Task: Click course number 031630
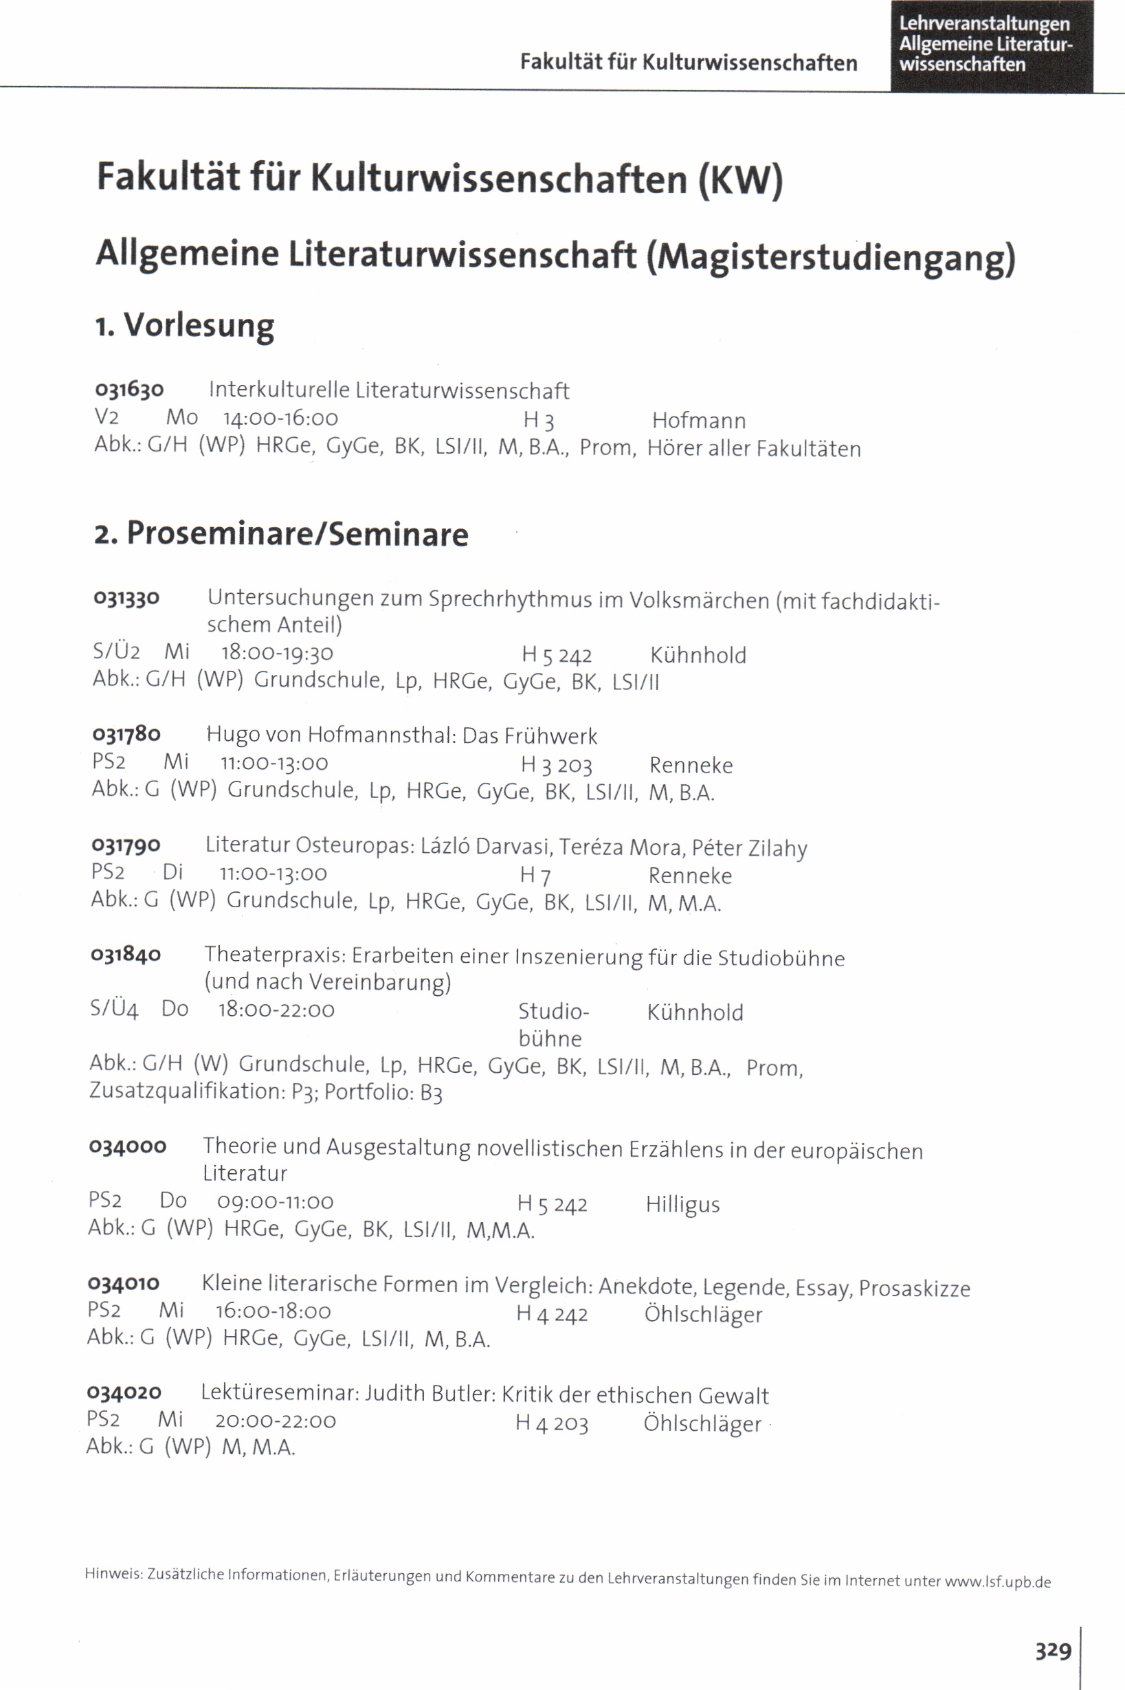tap(129, 390)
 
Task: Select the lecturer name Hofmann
tap(699, 421)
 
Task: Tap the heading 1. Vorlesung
tap(185, 326)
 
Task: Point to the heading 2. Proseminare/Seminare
tap(281, 535)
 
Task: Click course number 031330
tap(126, 597)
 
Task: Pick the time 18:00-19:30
tap(277, 653)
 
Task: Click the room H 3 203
tap(556, 766)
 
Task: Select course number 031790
tap(126, 845)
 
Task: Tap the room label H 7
tap(535, 875)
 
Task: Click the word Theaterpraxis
tap(276, 955)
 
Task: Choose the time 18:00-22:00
tap(276, 1010)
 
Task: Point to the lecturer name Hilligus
tap(682, 1204)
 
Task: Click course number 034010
tap(124, 1283)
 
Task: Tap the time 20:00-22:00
tap(276, 1421)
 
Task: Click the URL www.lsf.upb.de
tap(997, 1581)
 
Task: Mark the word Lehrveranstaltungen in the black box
tap(984, 23)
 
